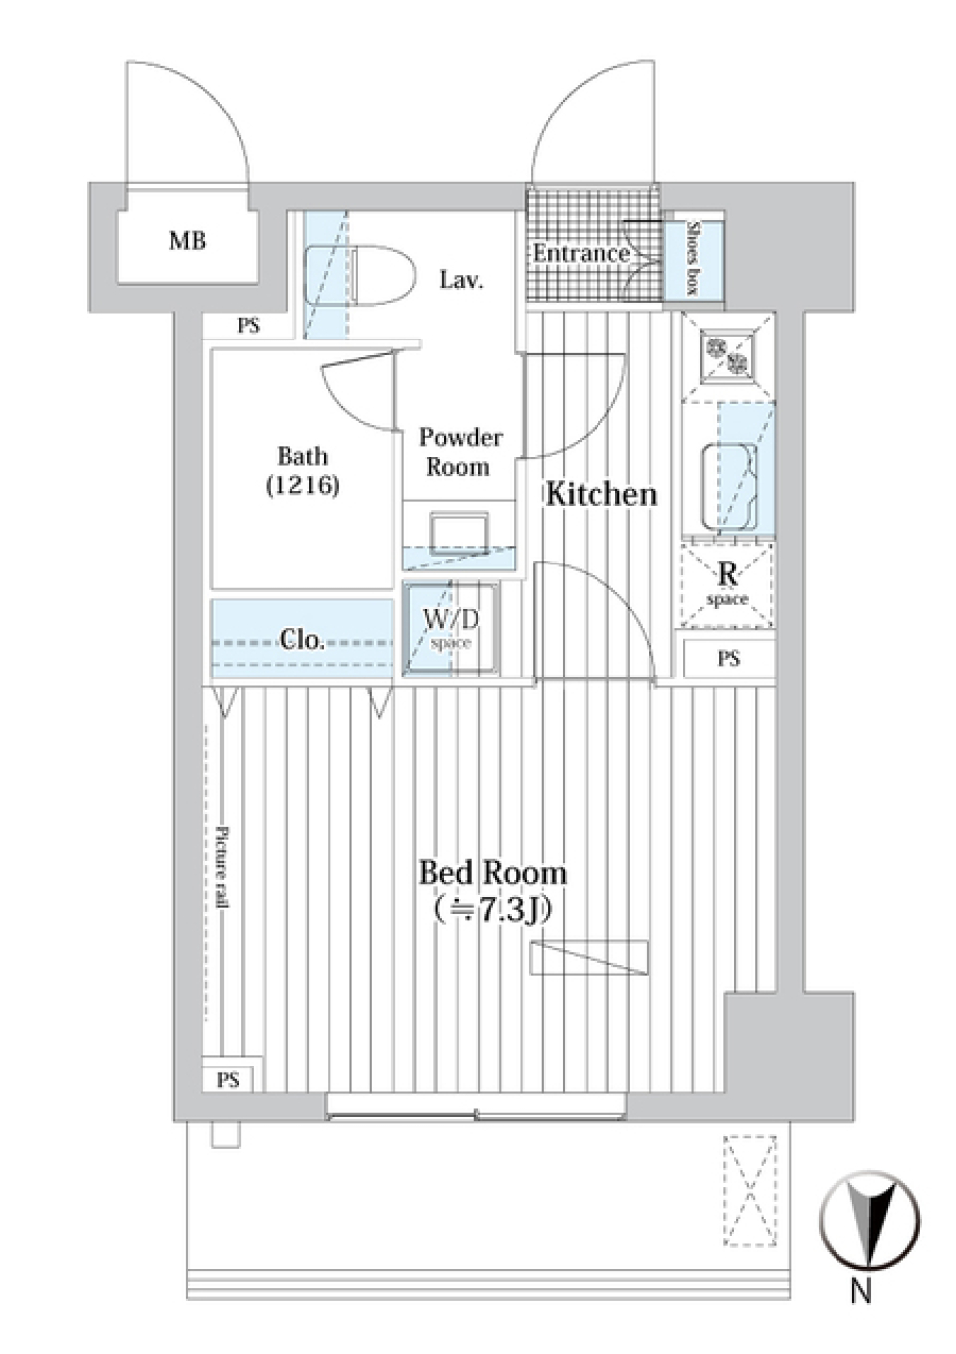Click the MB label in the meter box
coord(187,241)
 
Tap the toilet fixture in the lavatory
coord(382,275)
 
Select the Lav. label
coord(461,280)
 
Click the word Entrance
coord(581,253)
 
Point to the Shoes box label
coord(693,258)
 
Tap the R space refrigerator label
coord(728,582)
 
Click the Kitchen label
coord(600,494)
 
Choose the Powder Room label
coord(460,452)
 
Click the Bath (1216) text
coord(303,470)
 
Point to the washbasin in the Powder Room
coord(459,531)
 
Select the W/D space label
coord(451,628)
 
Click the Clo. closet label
coord(301,640)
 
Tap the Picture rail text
coord(222,866)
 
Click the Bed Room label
coord(492,873)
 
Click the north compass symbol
coord(868,1223)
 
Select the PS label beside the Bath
coord(248,325)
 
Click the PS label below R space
coord(728,658)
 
